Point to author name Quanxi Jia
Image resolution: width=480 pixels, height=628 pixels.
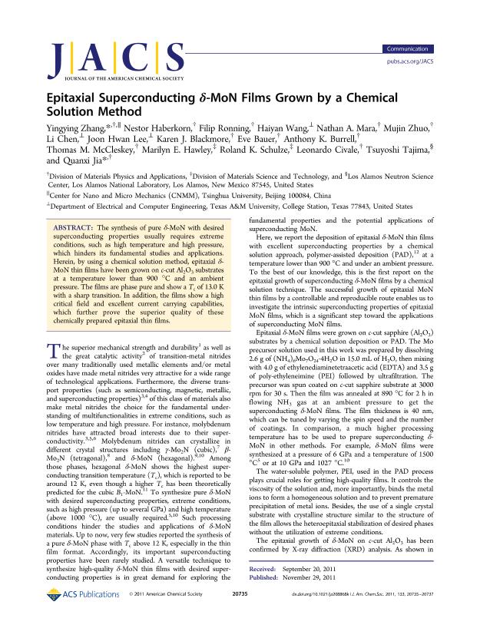[91, 162]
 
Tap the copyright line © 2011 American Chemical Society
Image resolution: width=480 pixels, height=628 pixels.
[168, 616]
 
